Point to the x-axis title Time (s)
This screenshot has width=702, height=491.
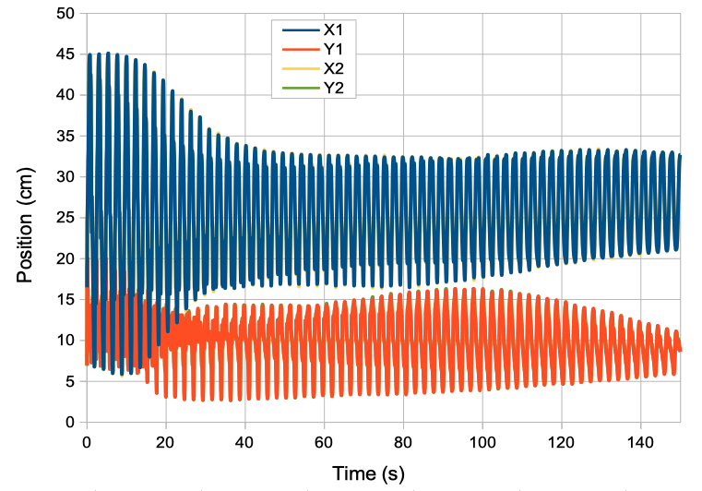(369, 473)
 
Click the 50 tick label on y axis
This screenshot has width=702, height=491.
(65, 13)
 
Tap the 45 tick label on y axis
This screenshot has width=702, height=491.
(65, 54)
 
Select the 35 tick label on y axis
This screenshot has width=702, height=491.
(65, 136)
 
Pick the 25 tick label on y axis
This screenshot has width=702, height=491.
(65, 218)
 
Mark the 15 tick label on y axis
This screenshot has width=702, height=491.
(65, 299)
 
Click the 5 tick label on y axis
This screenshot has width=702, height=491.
(70, 381)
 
